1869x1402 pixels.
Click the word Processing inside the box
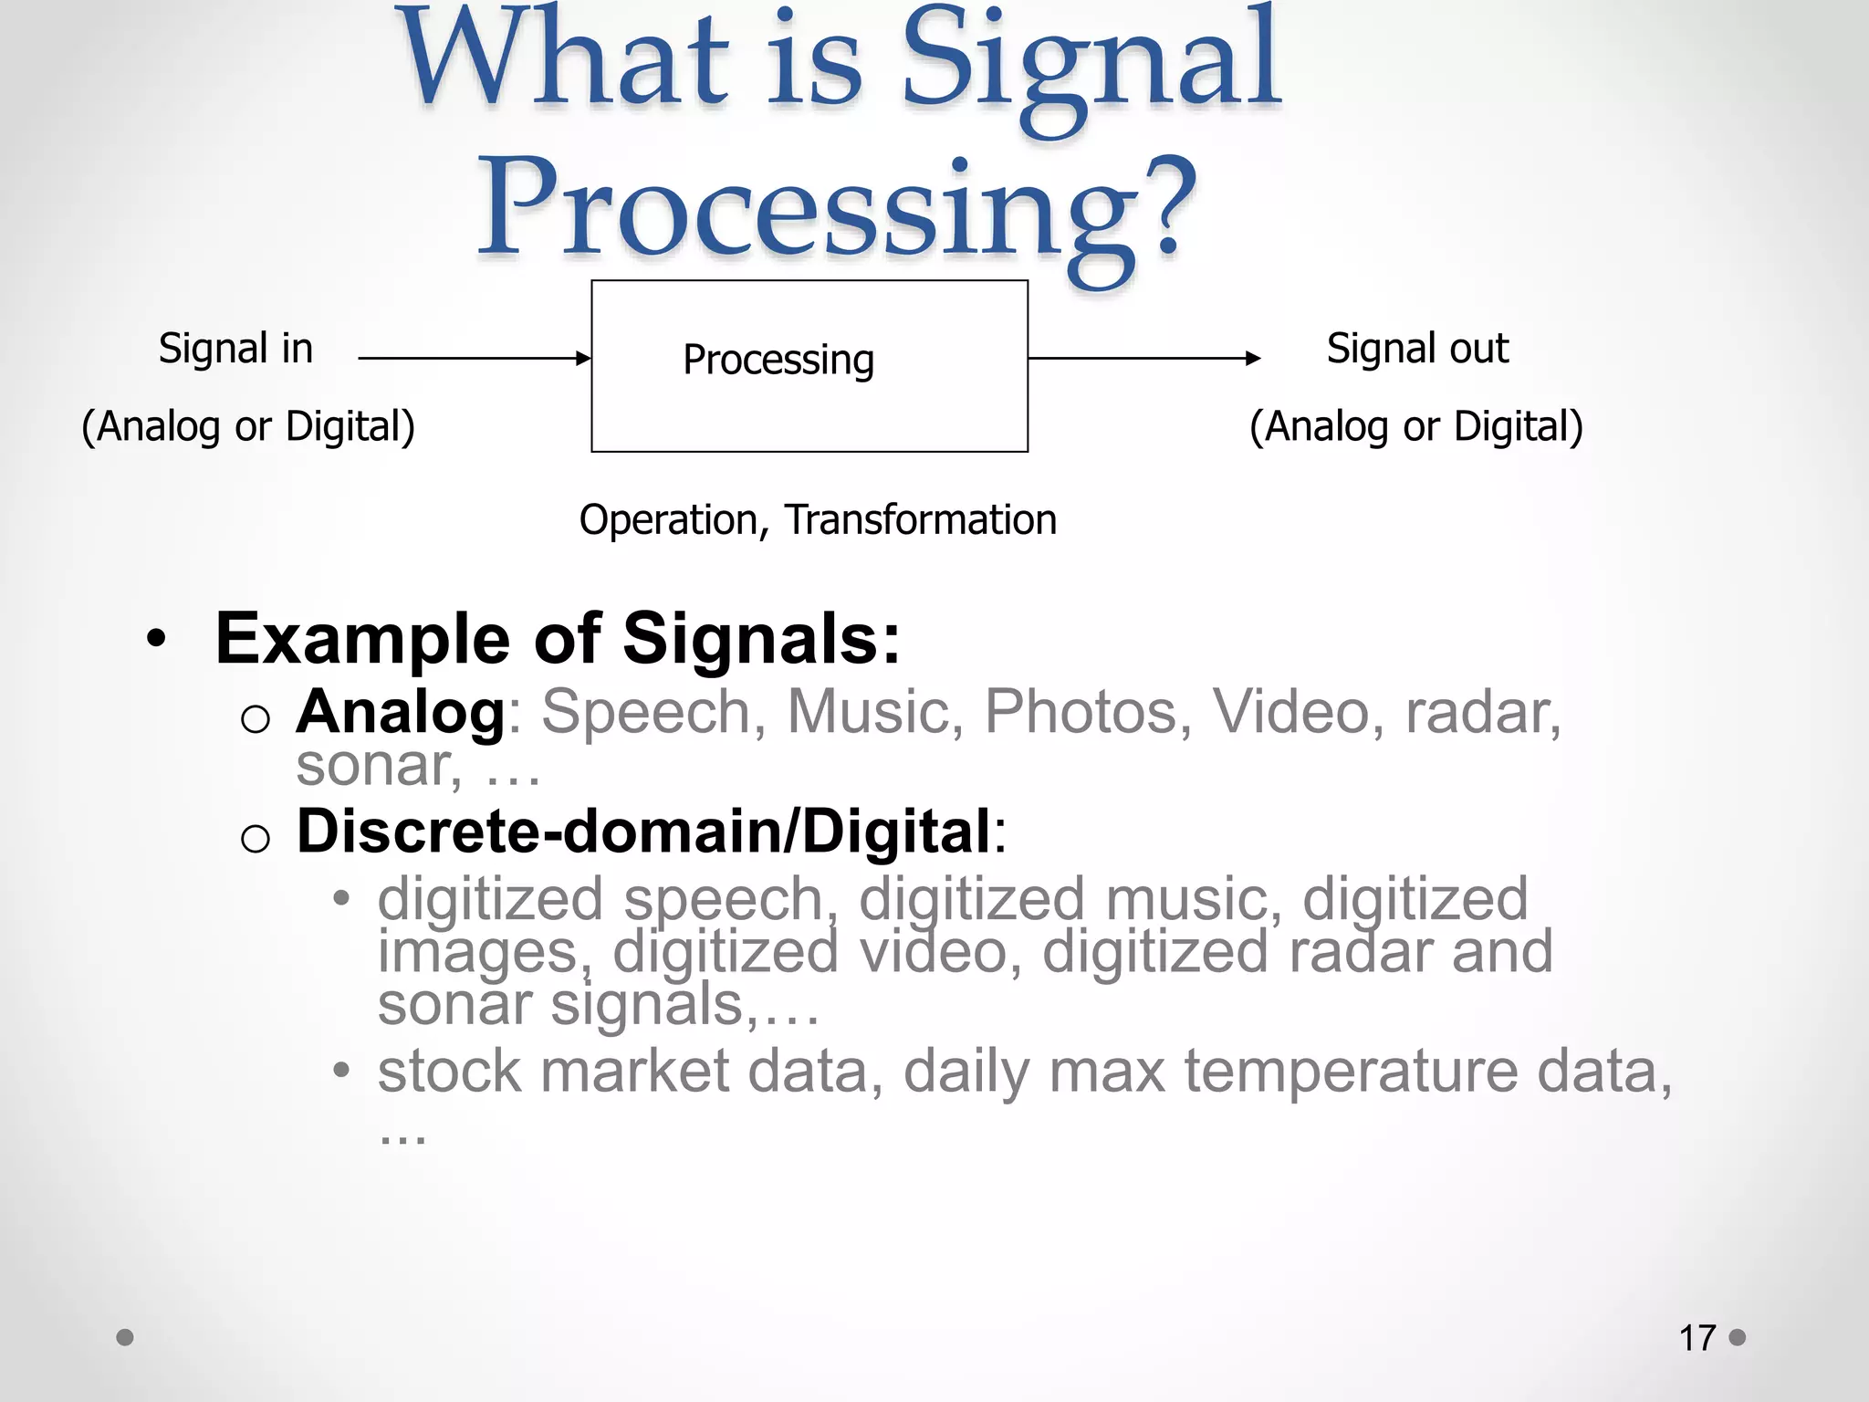point(778,360)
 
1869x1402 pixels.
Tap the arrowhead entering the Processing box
point(584,359)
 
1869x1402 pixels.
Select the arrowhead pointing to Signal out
point(1253,359)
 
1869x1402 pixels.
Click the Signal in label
point(235,349)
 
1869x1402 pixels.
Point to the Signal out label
point(1417,349)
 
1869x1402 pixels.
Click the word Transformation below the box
point(921,520)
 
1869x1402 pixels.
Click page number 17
point(1697,1338)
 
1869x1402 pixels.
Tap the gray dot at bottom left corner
point(125,1337)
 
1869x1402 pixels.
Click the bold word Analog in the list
point(400,712)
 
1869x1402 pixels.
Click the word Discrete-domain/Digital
point(643,832)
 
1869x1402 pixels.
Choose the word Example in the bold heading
point(362,639)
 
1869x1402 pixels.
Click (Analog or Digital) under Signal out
point(1415,426)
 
